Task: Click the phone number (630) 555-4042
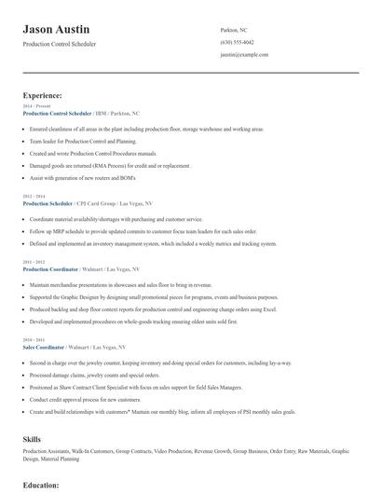click(237, 42)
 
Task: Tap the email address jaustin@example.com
click(244, 55)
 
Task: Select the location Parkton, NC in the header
click(233, 30)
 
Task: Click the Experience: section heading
click(43, 95)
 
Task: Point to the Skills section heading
click(32, 438)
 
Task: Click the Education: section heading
click(41, 485)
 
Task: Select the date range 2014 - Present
click(38, 106)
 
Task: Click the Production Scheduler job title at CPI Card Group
click(48, 203)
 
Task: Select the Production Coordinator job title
click(51, 269)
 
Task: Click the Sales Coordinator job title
click(46, 347)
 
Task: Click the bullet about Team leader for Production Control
click(89, 140)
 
